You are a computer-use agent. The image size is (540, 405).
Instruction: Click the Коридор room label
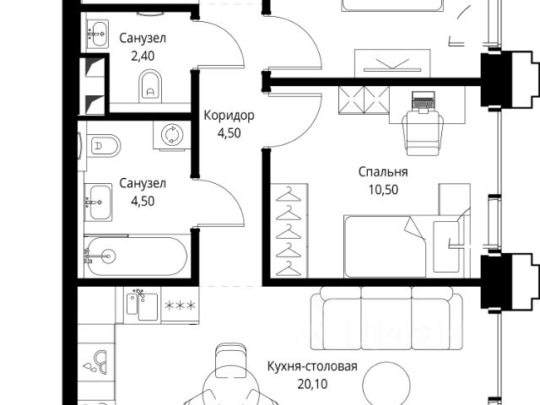pyautogui.click(x=229, y=116)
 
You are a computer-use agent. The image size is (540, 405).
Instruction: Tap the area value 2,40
pyautogui.click(x=143, y=56)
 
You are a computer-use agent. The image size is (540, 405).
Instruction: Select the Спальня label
pyautogui.click(x=383, y=172)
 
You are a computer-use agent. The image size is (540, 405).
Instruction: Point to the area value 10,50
pyautogui.click(x=383, y=189)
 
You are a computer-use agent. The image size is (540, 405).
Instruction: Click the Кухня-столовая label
pyautogui.click(x=312, y=366)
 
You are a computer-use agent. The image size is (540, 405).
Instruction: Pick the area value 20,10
pyautogui.click(x=312, y=384)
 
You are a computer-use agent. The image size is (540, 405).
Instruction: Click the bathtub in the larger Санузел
pyautogui.click(x=136, y=256)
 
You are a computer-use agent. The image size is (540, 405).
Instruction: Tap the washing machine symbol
pyautogui.click(x=172, y=134)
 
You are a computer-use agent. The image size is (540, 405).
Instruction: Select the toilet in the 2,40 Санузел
pyautogui.click(x=150, y=86)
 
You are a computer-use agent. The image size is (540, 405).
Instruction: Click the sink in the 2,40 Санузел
pyautogui.click(x=98, y=34)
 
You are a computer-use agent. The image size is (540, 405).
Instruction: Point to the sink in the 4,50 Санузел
pyautogui.click(x=98, y=202)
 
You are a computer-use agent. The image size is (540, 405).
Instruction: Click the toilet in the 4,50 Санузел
pyautogui.click(x=104, y=146)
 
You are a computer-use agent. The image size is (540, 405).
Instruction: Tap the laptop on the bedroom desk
pyautogui.click(x=424, y=101)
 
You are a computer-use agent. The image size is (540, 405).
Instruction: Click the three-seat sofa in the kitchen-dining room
pyautogui.click(x=386, y=318)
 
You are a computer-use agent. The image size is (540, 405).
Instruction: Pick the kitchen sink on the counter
pyautogui.click(x=143, y=305)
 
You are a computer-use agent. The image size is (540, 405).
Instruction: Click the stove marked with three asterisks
pyautogui.click(x=180, y=305)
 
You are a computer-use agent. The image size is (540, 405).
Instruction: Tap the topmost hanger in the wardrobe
pyautogui.click(x=289, y=195)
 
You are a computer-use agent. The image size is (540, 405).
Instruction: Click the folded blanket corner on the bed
pyautogui.click(x=414, y=228)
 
